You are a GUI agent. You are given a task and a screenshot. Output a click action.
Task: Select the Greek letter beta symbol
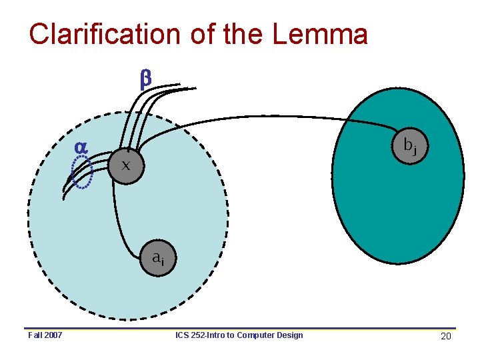coord(145,79)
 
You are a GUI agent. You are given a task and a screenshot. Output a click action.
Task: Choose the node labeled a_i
coord(157,257)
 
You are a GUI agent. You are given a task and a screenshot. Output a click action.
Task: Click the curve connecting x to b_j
coord(267,118)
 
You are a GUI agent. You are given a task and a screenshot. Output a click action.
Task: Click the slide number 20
coord(446,336)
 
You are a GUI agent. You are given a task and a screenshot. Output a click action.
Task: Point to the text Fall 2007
coord(45,335)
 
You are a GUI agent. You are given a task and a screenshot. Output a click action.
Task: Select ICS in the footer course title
coord(183,335)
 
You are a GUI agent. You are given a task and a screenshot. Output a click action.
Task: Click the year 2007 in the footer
coord(53,335)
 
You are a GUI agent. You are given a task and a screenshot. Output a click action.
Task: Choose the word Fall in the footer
coord(35,335)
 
